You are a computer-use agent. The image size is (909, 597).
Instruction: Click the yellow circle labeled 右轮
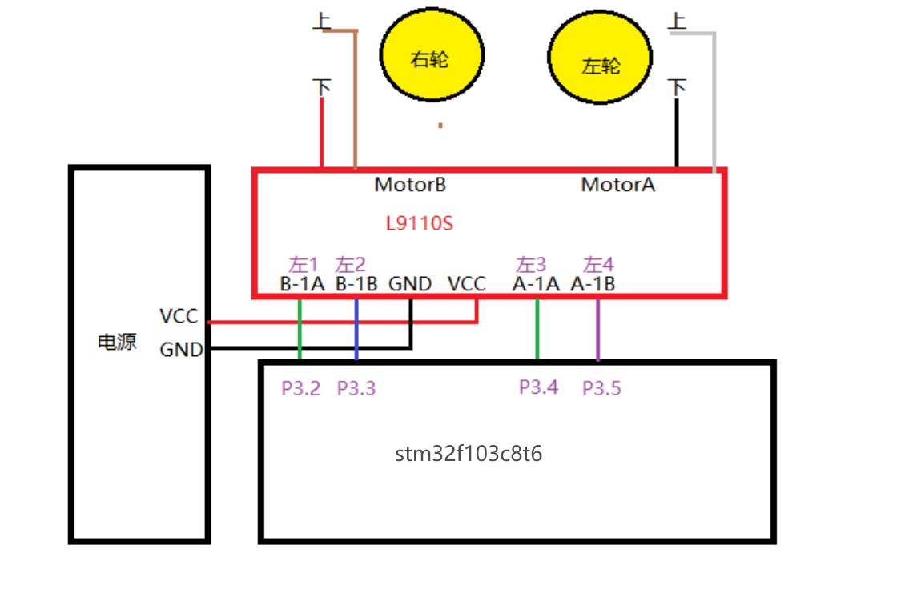[432, 54]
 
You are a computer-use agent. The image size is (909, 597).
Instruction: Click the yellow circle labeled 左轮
[600, 58]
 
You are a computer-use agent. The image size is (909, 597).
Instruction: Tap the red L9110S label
[420, 223]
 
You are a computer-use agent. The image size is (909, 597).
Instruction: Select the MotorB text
[410, 185]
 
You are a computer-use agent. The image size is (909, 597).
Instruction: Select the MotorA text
[618, 185]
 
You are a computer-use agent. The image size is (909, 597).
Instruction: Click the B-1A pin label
[302, 284]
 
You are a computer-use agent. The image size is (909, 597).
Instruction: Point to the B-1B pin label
[356, 284]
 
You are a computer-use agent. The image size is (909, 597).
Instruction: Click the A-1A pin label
[537, 284]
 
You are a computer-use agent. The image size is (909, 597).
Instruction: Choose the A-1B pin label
[593, 284]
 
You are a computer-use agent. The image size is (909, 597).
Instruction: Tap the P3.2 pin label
[301, 388]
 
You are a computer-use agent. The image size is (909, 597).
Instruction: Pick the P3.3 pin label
[356, 388]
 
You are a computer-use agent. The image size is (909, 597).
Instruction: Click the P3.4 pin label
[538, 387]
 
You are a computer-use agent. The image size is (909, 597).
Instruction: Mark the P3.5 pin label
[601, 388]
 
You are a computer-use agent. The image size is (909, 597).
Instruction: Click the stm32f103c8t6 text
[469, 454]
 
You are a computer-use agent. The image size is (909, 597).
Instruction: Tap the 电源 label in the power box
[117, 342]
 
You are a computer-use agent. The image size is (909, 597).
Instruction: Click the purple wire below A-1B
[597, 329]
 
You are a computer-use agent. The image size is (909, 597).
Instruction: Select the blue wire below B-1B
[356, 329]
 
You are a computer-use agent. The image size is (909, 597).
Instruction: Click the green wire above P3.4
[537, 329]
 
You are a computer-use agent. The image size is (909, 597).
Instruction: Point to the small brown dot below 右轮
[440, 125]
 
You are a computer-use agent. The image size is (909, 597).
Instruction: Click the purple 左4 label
[598, 265]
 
